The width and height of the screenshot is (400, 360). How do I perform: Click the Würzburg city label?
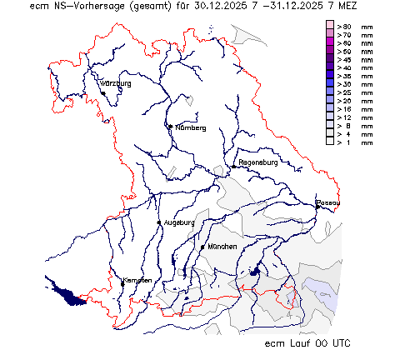pos(116,84)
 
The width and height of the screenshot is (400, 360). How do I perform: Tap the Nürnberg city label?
pos(190,127)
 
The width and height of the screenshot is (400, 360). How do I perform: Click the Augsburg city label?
pos(179,222)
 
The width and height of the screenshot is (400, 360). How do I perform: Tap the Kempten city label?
pos(137,280)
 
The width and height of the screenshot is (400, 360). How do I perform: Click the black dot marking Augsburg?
pos(158,222)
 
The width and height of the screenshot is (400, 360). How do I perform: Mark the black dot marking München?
pos(202,247)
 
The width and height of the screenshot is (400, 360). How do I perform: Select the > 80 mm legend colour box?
pos(330,27)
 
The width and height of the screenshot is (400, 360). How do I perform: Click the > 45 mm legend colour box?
pos(330,60)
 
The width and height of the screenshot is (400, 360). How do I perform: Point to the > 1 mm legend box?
pos(330,142)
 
